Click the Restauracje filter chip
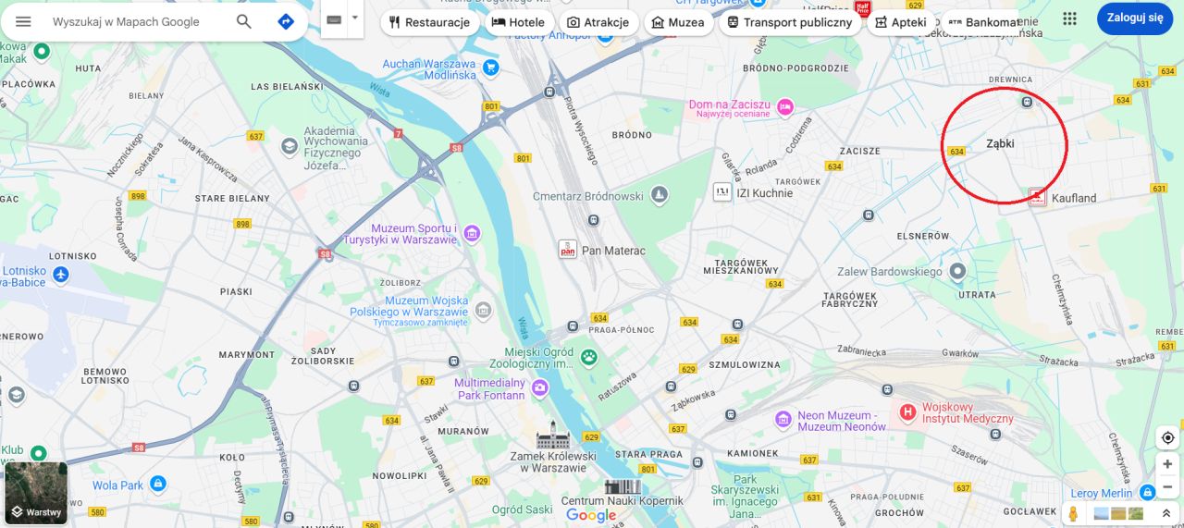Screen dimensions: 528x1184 coord(429,22)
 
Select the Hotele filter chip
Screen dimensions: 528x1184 coord(518,22)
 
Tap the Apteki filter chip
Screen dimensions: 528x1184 coord(901,22)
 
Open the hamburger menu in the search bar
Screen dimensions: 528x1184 coord(23,21)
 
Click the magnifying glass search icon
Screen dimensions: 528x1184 coord(243,21)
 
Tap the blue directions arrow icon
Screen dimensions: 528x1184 coord(286,21)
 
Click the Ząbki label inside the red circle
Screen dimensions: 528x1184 coord(1000,143)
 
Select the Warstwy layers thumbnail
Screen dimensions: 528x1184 coord(36,493)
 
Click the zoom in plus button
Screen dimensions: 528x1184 coord(1167,464)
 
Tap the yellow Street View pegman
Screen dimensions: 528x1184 coord(1073,513)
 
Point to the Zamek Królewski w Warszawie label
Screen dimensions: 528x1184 coord(553,461)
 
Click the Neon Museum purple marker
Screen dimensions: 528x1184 coord(783,419)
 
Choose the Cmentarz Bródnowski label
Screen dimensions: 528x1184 coord(587,196)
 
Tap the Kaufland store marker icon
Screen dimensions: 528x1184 coord(1037,196)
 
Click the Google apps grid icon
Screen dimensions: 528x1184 coord(1069,19)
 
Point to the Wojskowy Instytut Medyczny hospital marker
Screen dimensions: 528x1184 coord(907,411)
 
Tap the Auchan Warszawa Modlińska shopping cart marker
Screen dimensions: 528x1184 coord(490,68)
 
